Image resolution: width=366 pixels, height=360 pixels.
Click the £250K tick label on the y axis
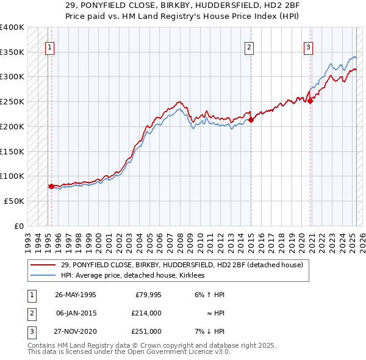(12, 101)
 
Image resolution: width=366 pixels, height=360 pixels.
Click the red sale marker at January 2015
(251, 120)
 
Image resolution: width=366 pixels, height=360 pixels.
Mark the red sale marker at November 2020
(310, 101)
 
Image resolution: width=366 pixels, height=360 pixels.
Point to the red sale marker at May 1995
(51, 186)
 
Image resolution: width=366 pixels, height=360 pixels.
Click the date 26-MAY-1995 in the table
(76, 295)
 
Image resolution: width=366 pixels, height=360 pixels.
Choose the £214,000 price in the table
(146, 313)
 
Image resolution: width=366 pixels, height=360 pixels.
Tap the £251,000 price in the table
(146, 331)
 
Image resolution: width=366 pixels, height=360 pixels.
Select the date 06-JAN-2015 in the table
(76, 313)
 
